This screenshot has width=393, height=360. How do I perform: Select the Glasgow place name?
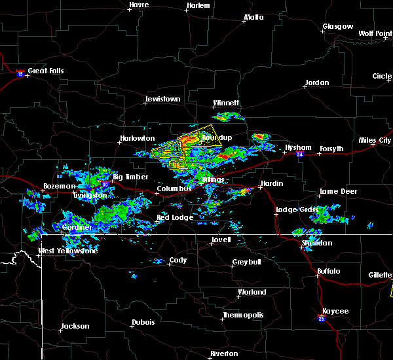coord(337,27)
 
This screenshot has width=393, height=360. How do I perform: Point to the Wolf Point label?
coord(375,33)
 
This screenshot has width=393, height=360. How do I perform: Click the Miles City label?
coord(374,140)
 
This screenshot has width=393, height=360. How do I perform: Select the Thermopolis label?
coord(243,315)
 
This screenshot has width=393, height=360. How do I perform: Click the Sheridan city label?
coord(317,243)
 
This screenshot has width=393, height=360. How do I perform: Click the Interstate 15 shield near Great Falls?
coord(20,74)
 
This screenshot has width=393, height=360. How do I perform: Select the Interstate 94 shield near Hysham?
coord(300,154)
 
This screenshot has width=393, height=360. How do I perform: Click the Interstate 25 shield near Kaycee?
coord(321,319)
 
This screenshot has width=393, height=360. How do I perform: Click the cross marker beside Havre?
coord(129,9)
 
